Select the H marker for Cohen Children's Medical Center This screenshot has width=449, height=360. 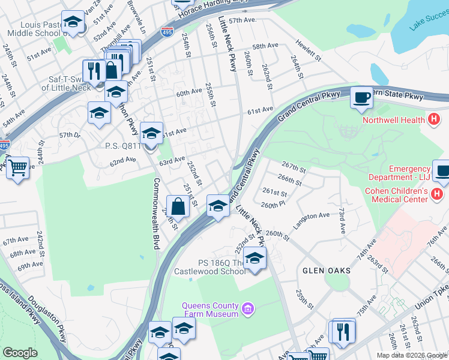(x=437, y=195)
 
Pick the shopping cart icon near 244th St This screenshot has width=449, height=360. (x=17, y=167)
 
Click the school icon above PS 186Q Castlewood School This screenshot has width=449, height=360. (x=255, y=259)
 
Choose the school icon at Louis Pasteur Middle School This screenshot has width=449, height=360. (x=73, y=23)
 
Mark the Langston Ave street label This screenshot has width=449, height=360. (x=312, y=219)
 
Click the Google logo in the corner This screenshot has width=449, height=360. (x=20, y=353)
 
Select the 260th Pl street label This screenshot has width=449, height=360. (x=273, y=205)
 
